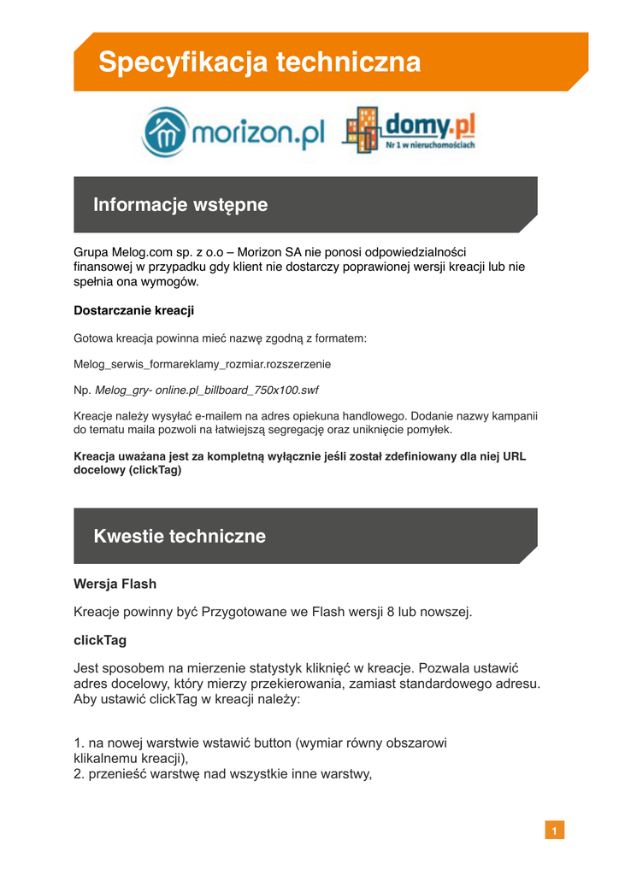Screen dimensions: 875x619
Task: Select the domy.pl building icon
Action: [362, 129]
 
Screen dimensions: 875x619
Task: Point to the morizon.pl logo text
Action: [256, 133]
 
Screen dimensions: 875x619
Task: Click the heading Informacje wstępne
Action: [180, 205]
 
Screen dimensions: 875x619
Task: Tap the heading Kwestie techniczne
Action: [180, 537]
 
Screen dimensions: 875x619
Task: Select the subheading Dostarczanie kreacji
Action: [133, 310]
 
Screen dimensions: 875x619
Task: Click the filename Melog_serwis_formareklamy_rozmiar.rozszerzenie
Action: [203, 364]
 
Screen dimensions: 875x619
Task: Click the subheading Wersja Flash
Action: [115, 584]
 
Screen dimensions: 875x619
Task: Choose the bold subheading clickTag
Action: [100, 640]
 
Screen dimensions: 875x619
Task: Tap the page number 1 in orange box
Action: [554, 831]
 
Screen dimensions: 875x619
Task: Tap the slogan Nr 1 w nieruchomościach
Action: [430, 146]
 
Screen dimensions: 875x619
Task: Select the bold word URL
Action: [515, 456]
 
